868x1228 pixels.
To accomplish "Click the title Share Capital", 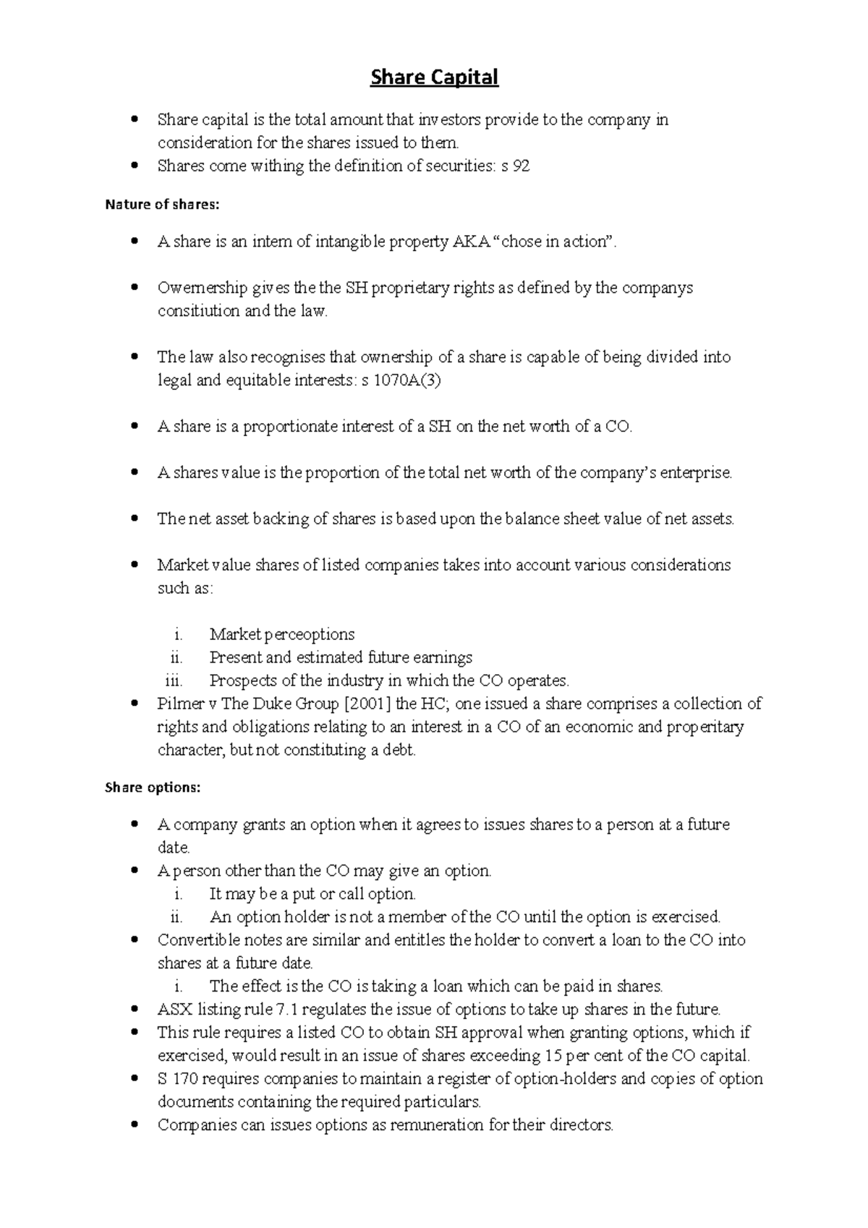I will click(434, 77).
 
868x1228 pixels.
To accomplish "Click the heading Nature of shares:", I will click(161, 205).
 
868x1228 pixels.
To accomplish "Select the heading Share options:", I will click(152, 788).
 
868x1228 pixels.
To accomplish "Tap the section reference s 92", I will click(515, 166).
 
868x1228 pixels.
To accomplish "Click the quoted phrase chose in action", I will click(553, 242).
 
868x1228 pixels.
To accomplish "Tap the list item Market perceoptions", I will click(281, 635).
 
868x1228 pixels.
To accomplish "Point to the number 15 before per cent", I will click(553, 1056).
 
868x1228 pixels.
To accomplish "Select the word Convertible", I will click(196, 940).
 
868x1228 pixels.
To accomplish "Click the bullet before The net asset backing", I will click(134, 519).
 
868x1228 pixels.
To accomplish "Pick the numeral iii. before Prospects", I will click(174, 681).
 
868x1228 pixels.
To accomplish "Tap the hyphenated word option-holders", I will click(555, 1079).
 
